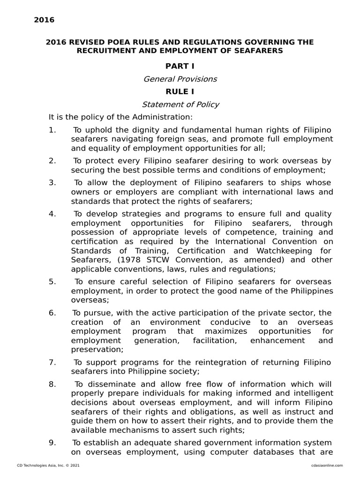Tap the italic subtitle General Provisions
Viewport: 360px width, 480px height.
[x=180, y=79]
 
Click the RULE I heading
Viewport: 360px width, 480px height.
[x=180, y=91]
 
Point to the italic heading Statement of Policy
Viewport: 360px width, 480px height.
[x=180, y=105]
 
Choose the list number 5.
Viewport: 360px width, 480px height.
[x=52, y=282]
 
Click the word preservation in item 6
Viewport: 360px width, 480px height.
[x=97, y=349]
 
